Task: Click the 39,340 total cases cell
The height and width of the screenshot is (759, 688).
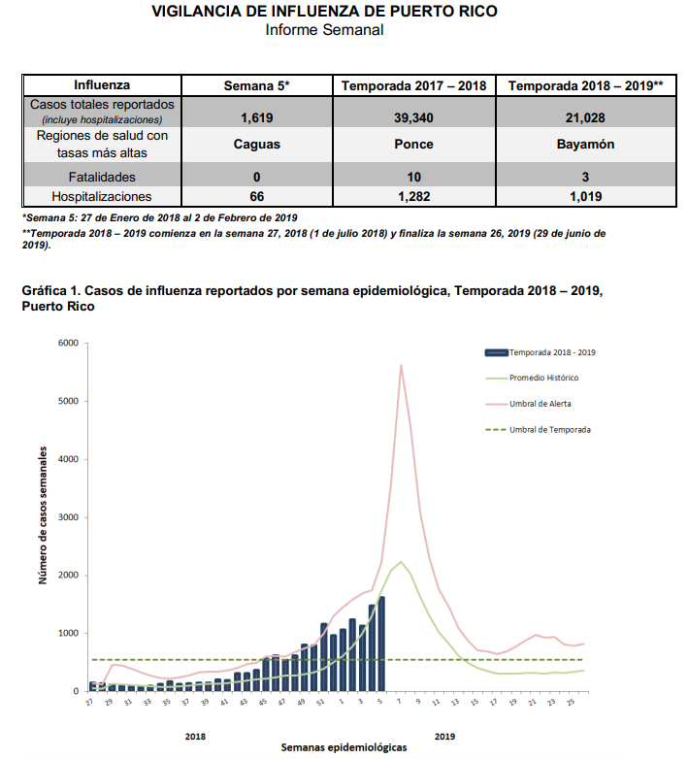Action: point(413,117)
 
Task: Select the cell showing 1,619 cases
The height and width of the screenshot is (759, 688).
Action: point(257,117)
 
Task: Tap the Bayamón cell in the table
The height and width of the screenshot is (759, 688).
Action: point(585,145)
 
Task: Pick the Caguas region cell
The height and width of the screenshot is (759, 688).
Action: point(257,145)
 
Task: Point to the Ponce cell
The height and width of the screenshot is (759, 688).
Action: point(413,145)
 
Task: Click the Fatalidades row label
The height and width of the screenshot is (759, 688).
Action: point(101,178)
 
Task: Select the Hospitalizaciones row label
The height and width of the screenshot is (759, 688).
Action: point(101,196)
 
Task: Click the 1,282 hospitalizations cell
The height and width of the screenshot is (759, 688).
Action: point(413,196)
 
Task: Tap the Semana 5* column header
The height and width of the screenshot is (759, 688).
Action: point(257,85)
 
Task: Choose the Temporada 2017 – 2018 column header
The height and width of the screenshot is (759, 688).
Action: point(413,85)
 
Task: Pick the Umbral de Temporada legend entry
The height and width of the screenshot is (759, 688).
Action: point(550,428)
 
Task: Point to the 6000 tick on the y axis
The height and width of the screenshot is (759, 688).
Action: point(68,343)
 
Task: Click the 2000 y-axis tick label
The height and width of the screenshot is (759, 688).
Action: point(68,576)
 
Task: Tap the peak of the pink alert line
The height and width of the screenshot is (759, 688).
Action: point(401,365)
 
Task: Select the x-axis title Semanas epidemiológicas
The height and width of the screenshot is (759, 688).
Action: point(344,747)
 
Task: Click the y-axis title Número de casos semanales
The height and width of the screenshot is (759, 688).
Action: point(44,515)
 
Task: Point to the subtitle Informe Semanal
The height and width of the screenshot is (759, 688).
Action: point(324,30)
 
